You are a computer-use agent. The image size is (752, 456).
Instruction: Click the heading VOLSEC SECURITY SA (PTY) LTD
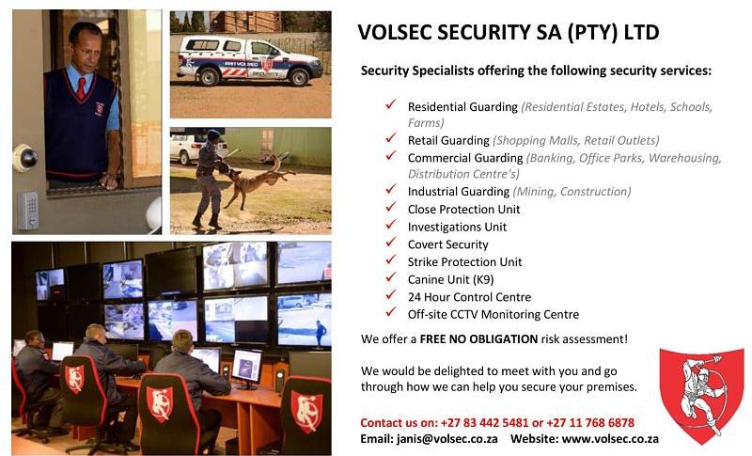[509, 33]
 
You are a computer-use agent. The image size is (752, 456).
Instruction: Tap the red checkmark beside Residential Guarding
[390, 106]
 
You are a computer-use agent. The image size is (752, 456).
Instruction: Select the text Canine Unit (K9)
[450, 279]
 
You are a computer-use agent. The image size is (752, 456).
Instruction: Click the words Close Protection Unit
[463, 209]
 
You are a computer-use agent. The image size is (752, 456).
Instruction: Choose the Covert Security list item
[447, 244]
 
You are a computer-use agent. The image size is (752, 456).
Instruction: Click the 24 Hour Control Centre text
[469, 297]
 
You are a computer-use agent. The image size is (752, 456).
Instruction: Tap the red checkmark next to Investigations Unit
[390, 227]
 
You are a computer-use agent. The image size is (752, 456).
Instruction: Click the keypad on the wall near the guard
[28, 210]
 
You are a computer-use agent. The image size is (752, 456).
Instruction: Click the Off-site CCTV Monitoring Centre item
[493, 314]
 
